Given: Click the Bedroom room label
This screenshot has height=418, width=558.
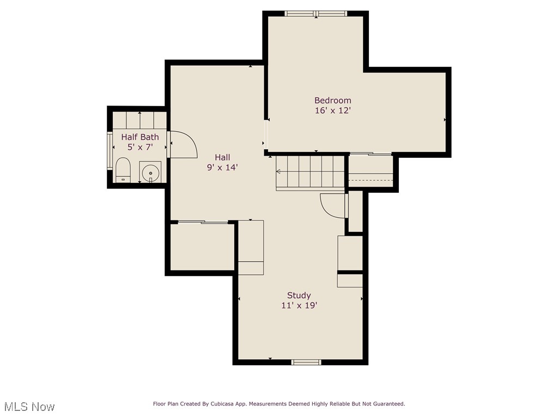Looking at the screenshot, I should [332, 100].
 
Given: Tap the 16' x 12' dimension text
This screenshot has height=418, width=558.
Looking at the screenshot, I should [332, 110].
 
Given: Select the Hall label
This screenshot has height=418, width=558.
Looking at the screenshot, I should [222, 157].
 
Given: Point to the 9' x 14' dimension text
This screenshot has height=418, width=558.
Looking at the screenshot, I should [222, 168].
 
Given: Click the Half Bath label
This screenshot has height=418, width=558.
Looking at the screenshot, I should [140, 137].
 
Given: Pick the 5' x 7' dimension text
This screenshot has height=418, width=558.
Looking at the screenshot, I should [140, 147].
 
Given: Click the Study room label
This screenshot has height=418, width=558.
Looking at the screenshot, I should [299, 296].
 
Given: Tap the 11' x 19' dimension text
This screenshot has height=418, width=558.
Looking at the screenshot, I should [299, 306].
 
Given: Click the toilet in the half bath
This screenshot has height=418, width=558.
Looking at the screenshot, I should [123, 169].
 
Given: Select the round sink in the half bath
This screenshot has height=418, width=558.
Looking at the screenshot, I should [149, 173].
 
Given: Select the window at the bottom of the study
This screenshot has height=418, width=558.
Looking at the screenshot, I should [306, 362].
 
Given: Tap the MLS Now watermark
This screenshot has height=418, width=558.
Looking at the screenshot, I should [29, 407].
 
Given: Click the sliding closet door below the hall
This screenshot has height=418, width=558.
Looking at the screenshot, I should [203, 222].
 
